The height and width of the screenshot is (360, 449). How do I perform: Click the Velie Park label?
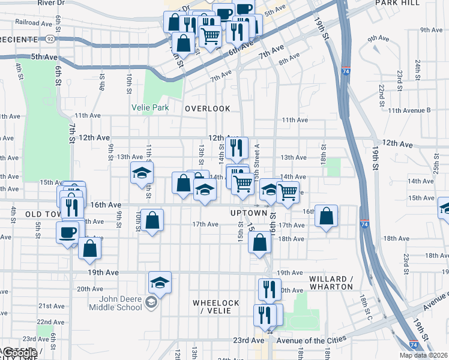tap(150, 108)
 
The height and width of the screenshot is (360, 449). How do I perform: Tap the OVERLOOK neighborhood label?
tap(208, 109)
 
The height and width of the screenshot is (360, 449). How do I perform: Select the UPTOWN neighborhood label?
tap(249, 213)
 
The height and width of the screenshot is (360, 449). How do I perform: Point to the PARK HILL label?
tap(397, 3)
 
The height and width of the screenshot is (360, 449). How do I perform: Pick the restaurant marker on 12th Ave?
tap(238, 147)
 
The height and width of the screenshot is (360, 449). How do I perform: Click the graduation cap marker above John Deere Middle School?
tap(160, 281)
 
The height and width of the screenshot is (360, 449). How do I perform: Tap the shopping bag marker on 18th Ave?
tap(259, 243)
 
